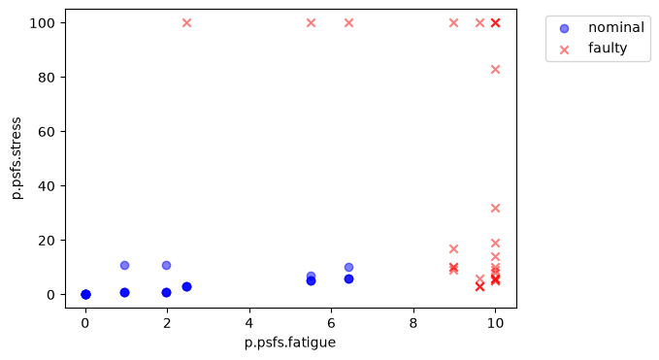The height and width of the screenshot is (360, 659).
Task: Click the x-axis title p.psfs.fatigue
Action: click(x=290, y=343)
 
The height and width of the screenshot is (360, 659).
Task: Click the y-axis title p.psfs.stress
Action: click(x=16, y=158)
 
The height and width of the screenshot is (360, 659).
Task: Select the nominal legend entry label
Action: click(x=615, y=28)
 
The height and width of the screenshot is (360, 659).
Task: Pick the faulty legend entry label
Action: click(x=608, y=49)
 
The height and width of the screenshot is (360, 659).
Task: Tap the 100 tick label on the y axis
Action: click(x=42, y=23)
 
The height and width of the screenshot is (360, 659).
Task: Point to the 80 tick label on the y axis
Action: click(x=47, y=78)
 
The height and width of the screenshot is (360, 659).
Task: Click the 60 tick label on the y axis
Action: click(x=47, y=132)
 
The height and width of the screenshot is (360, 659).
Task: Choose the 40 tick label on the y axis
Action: click(x=47, y=186)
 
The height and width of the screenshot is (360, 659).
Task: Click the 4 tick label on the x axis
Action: click(x=249, y=323)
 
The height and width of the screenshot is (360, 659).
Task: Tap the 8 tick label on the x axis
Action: click(x=413, y=323)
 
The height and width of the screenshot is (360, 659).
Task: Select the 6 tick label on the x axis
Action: click(x=332, y=323)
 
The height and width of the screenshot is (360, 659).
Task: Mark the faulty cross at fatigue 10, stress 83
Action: click(x=496, y=69)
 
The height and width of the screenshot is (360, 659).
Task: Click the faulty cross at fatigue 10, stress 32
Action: click(x=496, y=208)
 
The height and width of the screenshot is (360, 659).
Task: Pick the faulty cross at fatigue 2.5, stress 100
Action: click(x=186, y=22)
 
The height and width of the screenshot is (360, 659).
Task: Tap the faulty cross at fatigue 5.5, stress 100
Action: click(x=311, y=22)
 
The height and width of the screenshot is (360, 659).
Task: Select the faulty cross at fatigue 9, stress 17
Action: click(x=453, y=248)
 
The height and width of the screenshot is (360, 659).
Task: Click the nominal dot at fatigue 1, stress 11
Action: click(x=124, y=265)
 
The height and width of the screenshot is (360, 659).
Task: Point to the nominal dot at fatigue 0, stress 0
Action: click(x=85, y=294)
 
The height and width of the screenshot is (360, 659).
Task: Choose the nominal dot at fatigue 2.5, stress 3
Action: click(x=186, y=286)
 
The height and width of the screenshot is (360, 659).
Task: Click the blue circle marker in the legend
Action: click(x=565, y=28)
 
